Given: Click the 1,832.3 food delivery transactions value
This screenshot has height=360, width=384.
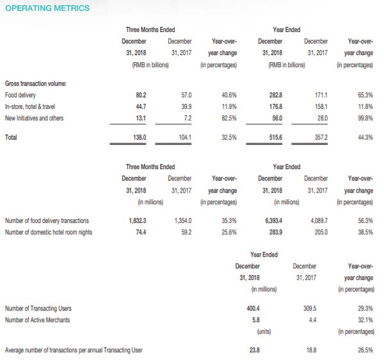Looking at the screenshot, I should [138, 221].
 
